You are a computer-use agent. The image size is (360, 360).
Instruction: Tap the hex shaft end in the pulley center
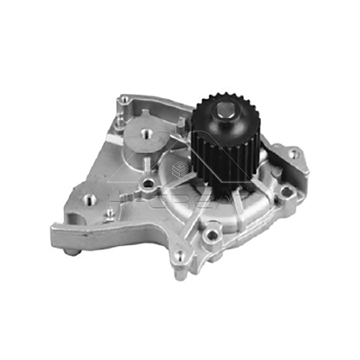(x=224, y=110)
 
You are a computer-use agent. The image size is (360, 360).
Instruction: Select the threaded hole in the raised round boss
(x=146, y=133)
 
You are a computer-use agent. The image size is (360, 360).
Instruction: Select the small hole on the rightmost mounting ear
(x=293, y=154)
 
